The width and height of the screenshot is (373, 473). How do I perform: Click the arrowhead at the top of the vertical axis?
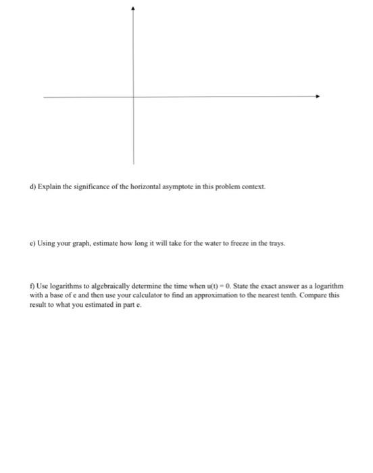[133, 9]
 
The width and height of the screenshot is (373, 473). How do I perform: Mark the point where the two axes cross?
[133, 97]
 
